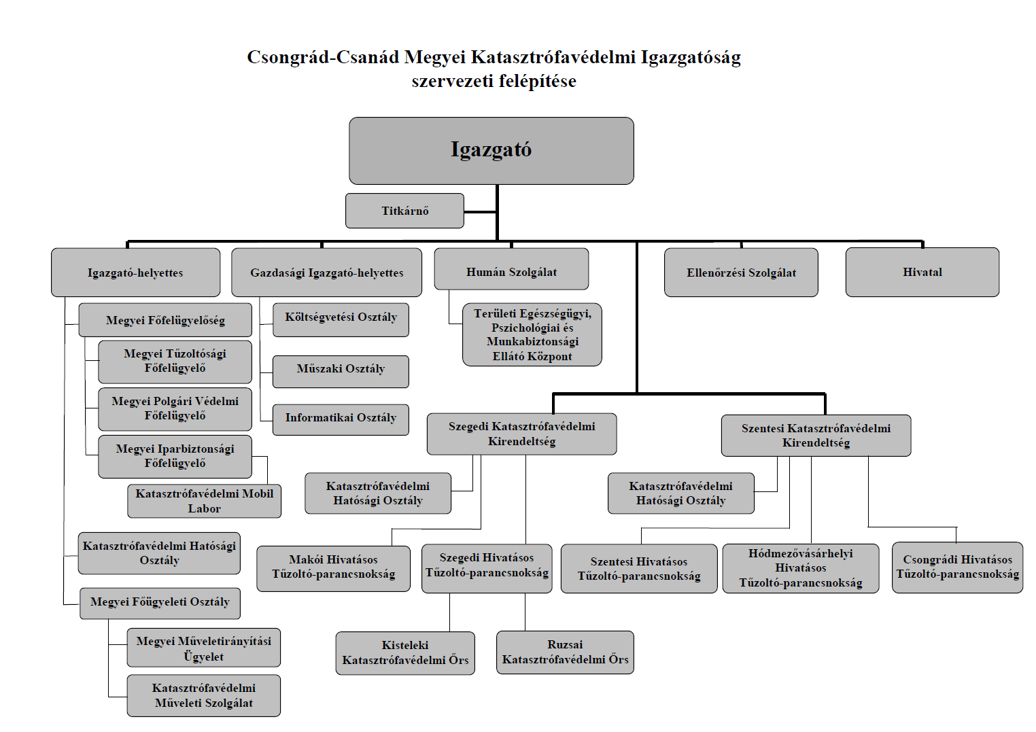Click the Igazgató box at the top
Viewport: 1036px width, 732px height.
(x=491, y=150)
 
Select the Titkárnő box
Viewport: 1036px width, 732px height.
(x=404, y=211)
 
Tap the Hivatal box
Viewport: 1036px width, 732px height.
(x=922, y=272)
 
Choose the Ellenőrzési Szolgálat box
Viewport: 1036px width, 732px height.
(x=741, y=273)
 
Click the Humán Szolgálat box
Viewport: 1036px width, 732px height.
(x=511, y=272)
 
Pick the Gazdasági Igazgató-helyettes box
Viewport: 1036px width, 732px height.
(x=326, y=273)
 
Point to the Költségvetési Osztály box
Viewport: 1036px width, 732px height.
(x=341, y=317)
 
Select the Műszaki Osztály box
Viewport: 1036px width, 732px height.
(x=341, y=369)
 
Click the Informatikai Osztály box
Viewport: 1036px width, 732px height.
(x=341, y=417)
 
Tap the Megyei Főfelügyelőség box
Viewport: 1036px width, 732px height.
(x=165, y=320)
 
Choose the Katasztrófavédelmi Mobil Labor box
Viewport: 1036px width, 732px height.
(x=204, y=501)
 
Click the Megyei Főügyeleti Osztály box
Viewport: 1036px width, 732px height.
(x=160, y=602)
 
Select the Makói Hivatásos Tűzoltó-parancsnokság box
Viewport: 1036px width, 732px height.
(x=333, y=567)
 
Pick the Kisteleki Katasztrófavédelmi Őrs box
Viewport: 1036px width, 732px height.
(x=405, y=652)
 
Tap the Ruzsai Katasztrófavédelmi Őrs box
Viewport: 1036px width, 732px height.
(x=565, y=652)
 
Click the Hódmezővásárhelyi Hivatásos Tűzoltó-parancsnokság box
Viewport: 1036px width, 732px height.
(x=800, y=568)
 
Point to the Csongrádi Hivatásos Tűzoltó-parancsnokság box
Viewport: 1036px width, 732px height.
(x=957, y=567)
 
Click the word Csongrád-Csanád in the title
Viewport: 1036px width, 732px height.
(x=323, y=57)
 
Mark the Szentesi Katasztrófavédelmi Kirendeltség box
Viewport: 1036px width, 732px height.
(x=816, y=435)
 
